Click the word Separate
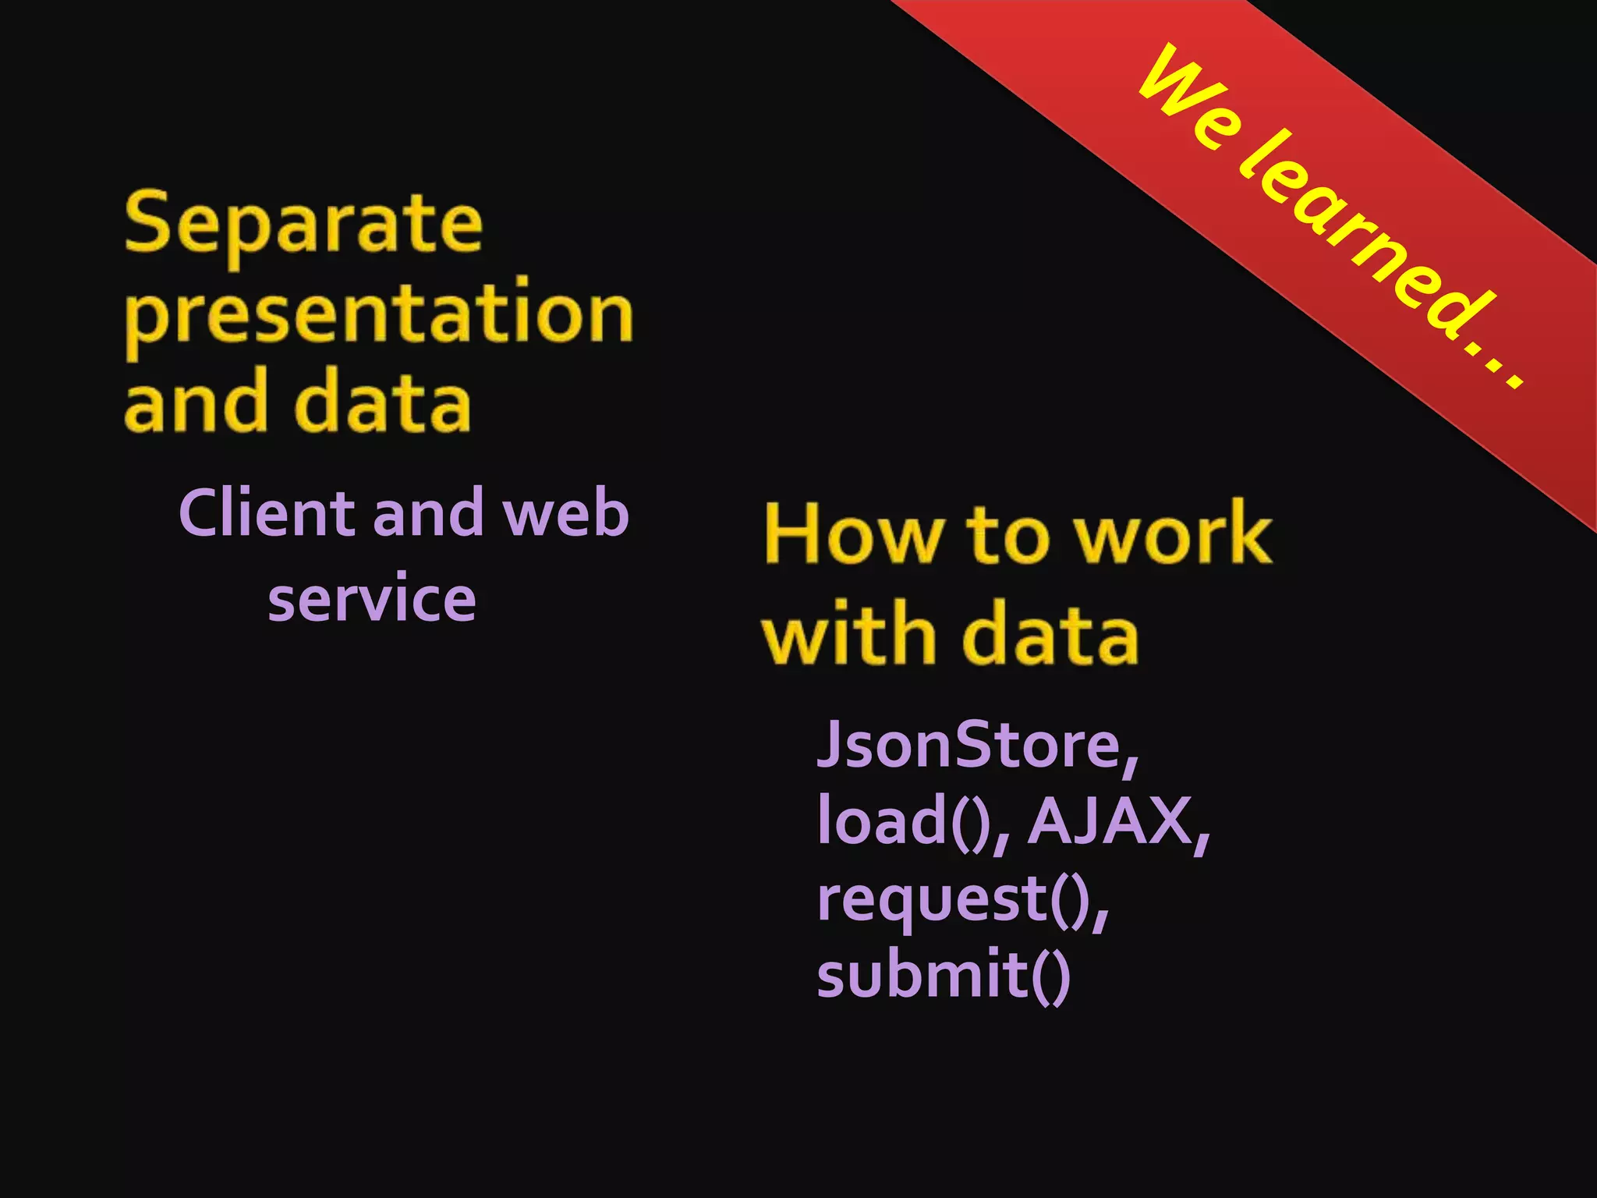tap(303, 225)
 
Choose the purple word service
tap(371, 599)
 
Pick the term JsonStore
tap(971, 746)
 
